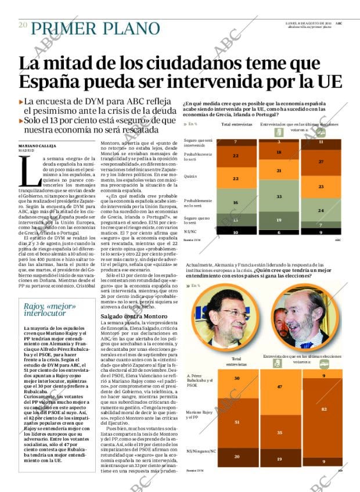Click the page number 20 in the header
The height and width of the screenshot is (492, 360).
[23, 25]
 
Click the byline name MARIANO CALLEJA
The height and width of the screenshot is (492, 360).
[40, 145]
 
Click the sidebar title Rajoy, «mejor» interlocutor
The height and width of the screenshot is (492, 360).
[43, 309]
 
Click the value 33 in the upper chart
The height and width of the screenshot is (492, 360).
[279, 197]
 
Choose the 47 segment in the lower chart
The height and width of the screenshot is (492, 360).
[279, 386]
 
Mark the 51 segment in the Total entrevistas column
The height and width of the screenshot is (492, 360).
[236, 422]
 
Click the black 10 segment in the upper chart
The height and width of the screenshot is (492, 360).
[236, 232]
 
